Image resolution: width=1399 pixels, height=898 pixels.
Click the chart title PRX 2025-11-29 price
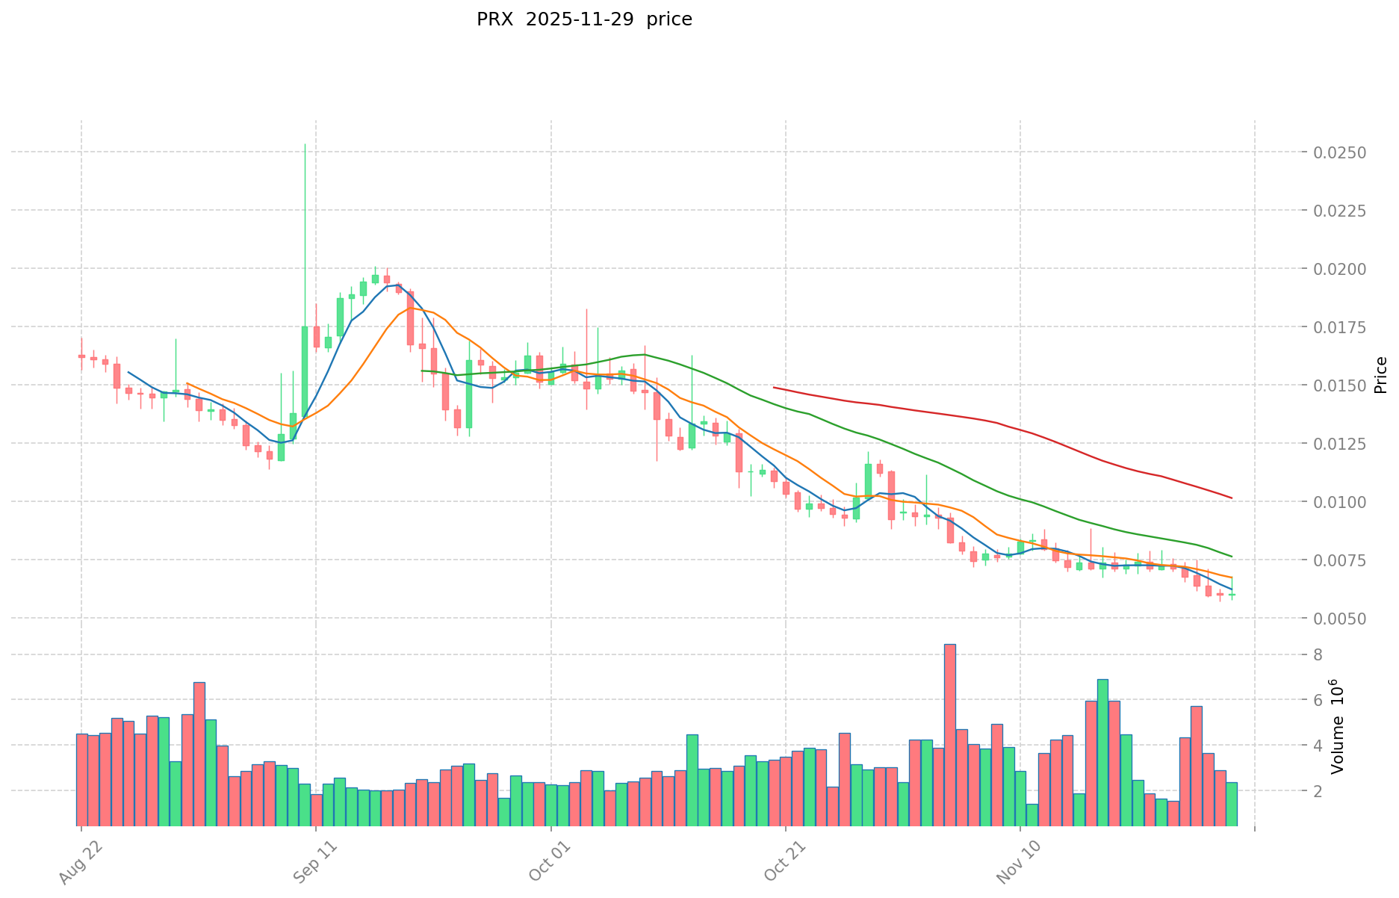click(584, 19)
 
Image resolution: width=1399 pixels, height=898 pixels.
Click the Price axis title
click(1380, 375)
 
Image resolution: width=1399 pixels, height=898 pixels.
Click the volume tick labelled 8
click(1318, 655)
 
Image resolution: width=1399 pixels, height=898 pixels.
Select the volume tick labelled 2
click(1318, 791)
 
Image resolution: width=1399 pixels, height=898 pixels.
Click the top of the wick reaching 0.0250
click(305, 145)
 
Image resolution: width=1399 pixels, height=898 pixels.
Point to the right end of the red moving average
click(1231, 498)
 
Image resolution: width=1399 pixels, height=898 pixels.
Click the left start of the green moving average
click(422, 371)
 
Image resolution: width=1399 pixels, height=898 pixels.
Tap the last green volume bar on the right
click(1231, 804)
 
